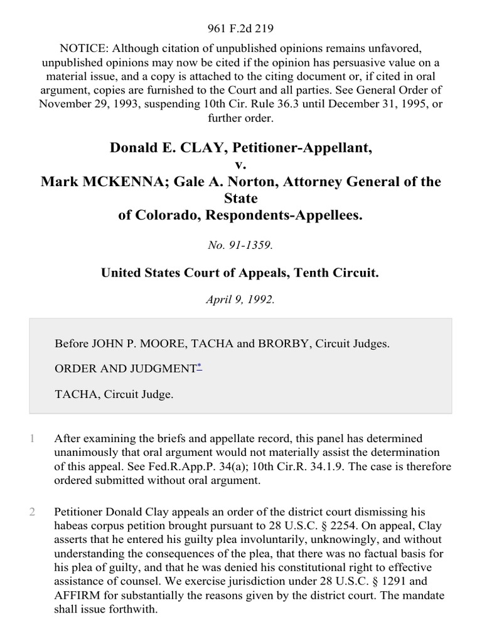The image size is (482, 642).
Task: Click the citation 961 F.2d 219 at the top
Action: pyautogui.click(x=240, y=28)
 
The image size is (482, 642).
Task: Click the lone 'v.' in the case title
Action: pyautogui.click(x=241, y=165)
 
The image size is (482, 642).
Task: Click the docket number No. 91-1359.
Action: pyautogui.click(x=240, y=246)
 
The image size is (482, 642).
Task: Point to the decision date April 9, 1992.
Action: pyautogui.click(x=240, y=300)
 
